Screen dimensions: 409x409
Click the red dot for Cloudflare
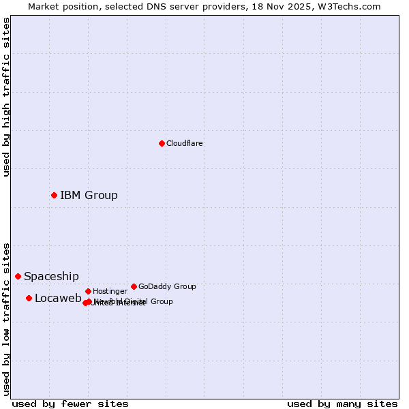(162, 143)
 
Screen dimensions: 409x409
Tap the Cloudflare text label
(185, 144)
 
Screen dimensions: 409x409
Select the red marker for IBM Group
(54, 196)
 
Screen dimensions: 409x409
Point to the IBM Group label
(89, 196)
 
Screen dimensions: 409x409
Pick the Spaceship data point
(18, 276)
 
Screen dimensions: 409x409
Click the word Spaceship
(51, 277)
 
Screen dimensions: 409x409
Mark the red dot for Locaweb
(29, 298)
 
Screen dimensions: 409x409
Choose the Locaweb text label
(58, 299)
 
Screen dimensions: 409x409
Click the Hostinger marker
(88, 291)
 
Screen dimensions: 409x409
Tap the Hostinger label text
(110, 292)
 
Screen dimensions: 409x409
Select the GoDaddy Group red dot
(134, 286)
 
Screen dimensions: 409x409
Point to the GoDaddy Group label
(167, 287)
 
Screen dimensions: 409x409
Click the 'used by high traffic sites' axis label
(7, 97)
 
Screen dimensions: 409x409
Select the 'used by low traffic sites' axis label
(7, 318)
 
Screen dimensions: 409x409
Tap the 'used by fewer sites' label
(70, 404)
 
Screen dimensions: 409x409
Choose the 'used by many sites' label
(342, 404)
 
